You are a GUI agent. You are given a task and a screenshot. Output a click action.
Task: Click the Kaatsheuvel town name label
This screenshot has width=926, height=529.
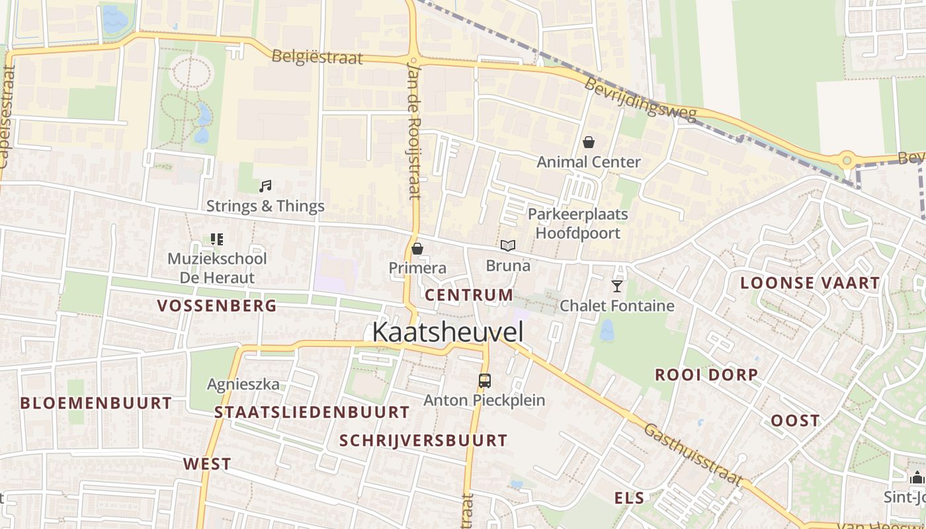tap(448, 332)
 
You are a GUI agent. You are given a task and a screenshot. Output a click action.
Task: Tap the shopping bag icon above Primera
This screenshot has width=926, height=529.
tap(417, 249)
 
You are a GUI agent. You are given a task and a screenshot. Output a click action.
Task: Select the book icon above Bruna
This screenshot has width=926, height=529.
tap(508, 246)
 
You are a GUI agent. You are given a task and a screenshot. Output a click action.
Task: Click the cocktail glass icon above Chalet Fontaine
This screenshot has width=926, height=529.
tap(617, 286)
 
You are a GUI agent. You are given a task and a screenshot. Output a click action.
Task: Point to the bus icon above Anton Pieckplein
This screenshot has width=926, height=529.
tap(485, 380)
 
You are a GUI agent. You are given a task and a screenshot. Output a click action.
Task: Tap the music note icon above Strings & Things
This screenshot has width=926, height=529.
tap(265, 186)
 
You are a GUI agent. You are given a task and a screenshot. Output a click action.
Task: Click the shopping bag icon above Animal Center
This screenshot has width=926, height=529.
tap(589, 142)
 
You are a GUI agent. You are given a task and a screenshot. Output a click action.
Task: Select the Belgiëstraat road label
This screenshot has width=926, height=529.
tap(317, 57)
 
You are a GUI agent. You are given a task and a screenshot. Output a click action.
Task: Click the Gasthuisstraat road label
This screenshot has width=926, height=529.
tap(693, 454)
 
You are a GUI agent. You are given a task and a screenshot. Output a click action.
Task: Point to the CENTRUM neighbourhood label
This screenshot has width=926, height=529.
tap(469, 295)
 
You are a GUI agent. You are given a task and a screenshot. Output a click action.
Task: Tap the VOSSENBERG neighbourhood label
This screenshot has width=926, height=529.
tap(217, 305)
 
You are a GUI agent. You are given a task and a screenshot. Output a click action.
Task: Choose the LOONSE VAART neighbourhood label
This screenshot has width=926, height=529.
tap(810, 283)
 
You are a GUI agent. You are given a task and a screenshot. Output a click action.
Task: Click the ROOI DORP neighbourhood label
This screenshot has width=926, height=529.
tap(706, 375)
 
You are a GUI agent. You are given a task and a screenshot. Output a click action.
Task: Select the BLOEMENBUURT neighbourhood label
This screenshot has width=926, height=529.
tap(96, 403)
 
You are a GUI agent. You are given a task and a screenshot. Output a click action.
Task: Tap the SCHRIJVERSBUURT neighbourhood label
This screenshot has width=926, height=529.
tap(423, 440)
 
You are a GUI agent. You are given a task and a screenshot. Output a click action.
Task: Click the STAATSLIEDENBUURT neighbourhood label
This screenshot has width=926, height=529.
tap(312, 412)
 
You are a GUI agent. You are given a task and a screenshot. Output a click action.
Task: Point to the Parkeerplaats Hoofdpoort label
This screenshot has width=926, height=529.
tap(578, 224)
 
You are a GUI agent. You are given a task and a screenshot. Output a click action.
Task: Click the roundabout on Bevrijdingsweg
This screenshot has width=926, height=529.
tap(847, 159)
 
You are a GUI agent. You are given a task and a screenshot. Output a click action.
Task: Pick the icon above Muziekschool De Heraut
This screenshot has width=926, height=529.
tap(217, 239)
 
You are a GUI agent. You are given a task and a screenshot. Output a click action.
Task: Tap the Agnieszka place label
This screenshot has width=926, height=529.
tap(243, 384)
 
